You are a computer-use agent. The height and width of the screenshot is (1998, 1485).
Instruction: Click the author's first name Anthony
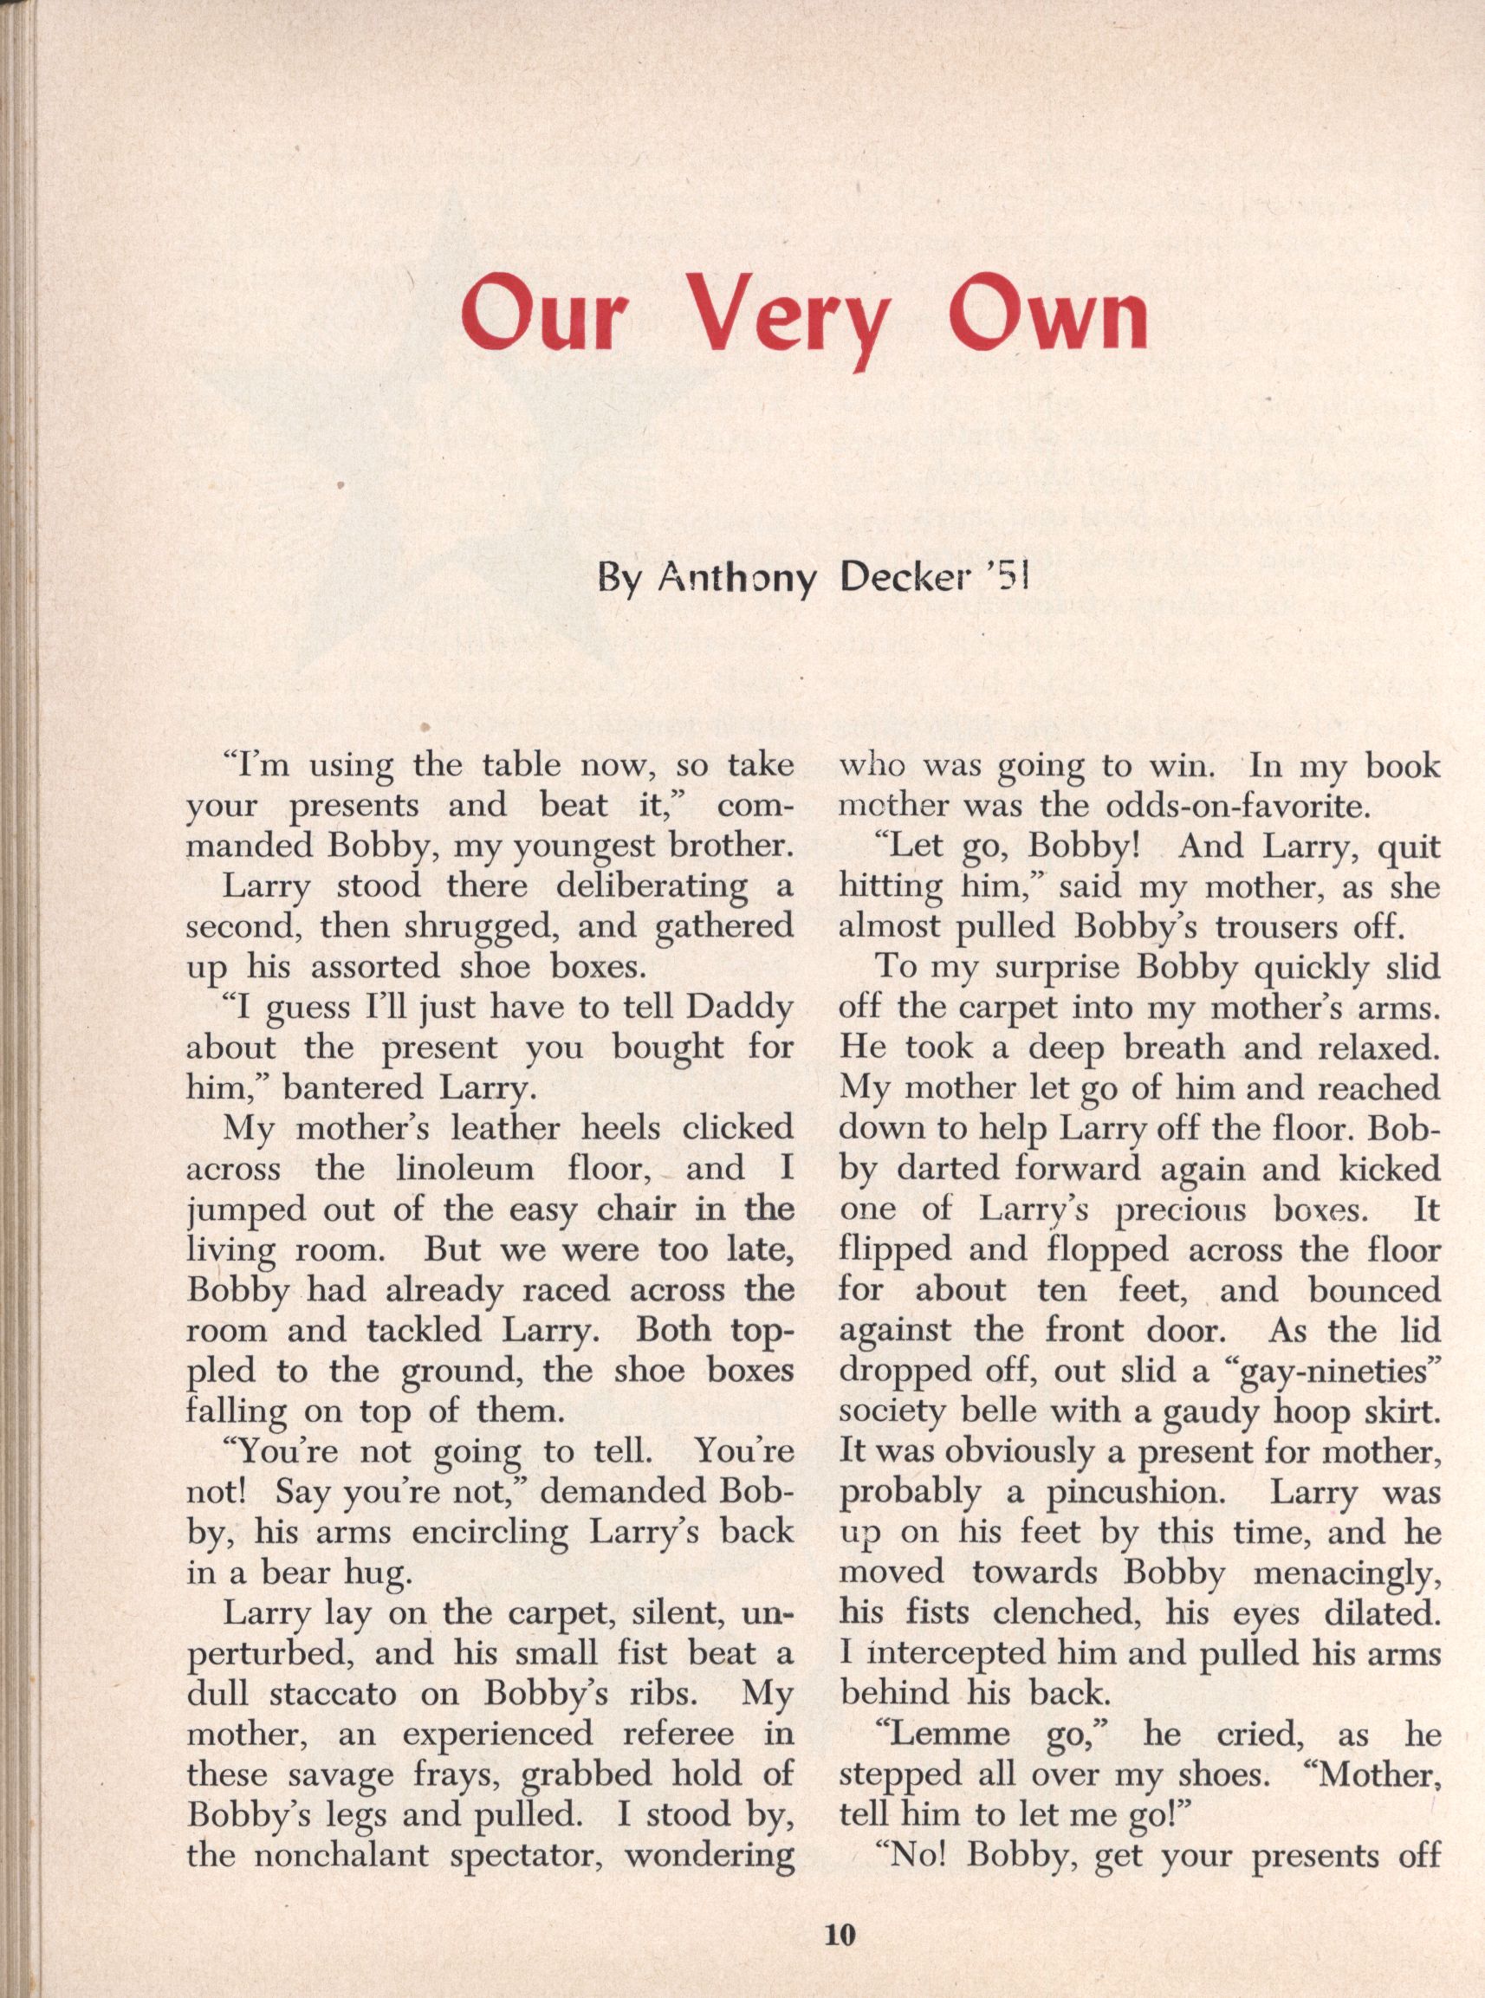click(736, 579)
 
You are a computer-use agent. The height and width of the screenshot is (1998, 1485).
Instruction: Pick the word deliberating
click(651, 886)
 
